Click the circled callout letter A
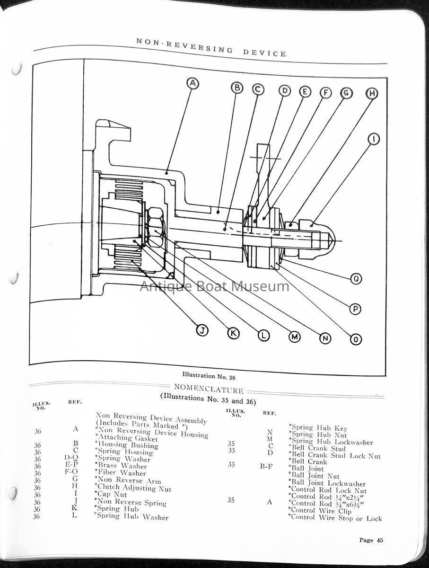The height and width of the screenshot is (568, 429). tap(193, 84)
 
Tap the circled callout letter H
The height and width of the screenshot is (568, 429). tap(372, 93)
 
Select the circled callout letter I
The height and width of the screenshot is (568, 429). tap(373, 140)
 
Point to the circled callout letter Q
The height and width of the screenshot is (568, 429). tap(356, 279)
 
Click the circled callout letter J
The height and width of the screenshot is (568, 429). tap(202, 330)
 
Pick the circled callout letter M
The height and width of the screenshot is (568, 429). tap(295, 337)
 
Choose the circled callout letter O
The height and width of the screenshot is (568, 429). tap(356, 339)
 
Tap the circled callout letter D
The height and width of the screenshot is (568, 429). tap(284, 91)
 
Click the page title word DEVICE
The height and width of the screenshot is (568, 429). tap(264, 53)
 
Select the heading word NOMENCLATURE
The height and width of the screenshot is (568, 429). tap(209, 389)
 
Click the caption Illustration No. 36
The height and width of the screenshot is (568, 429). tap(209, 376)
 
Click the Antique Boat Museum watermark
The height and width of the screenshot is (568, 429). tap(214, 286)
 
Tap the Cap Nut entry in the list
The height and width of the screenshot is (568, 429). tap(111, 494)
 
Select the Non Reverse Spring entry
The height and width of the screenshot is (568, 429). tap(131, 502)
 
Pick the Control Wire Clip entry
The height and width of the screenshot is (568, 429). tap(321, 511)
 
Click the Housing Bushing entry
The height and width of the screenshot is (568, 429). tap(127, 445)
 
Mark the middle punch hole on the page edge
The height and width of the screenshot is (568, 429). tap(14, 278)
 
